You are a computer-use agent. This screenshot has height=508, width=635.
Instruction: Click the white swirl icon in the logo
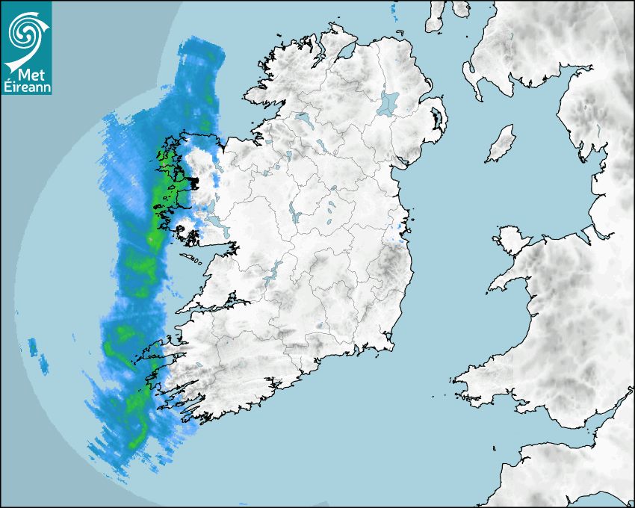[x=25, y=31]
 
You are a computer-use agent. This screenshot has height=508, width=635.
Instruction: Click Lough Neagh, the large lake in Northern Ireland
[x=389, y=103]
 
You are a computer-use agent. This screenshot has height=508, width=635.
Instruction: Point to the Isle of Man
[x=502, y=143]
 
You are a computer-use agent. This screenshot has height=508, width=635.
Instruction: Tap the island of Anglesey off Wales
[x=511, y=238]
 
